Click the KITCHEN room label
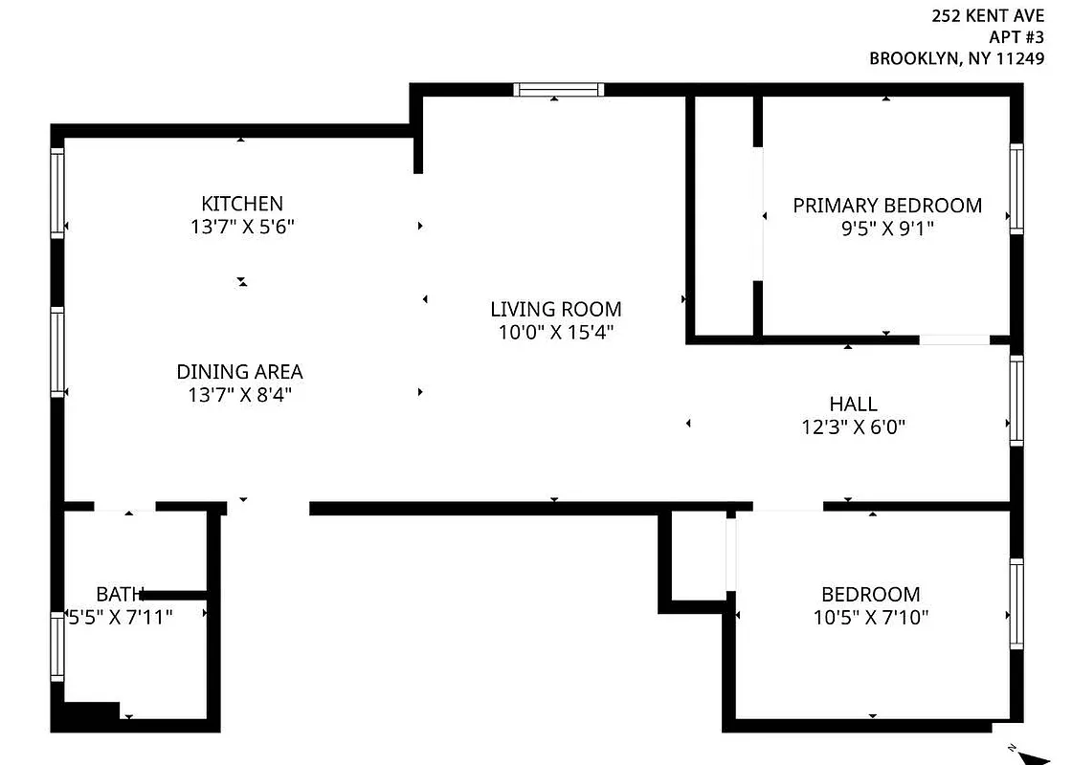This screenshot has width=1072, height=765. coord(242,204)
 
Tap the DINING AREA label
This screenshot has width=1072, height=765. coord(239,372)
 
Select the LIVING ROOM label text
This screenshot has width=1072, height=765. coord(555,309)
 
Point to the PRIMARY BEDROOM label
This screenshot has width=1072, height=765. coord(886,206)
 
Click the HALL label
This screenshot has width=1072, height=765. coord(853,404)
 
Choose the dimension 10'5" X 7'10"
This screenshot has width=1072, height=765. coord(870,618)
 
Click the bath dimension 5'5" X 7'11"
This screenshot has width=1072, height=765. coord(121,617)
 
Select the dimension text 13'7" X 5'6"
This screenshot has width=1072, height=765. coord(242,228)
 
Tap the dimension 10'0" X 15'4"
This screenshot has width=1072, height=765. coord(555,333)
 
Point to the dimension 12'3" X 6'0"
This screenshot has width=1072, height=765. coord(853,427)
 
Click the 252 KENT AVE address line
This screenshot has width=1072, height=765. coord(989,15)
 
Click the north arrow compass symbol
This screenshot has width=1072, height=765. coord(1033,755)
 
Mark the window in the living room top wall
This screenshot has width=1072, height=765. coord(559,90)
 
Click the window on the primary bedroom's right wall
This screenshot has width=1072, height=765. coord(1016,189)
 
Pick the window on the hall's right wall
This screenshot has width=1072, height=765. coord(1016,400)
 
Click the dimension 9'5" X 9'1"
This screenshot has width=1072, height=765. coord(886,229)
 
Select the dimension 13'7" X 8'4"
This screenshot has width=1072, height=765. coord(239,395)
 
